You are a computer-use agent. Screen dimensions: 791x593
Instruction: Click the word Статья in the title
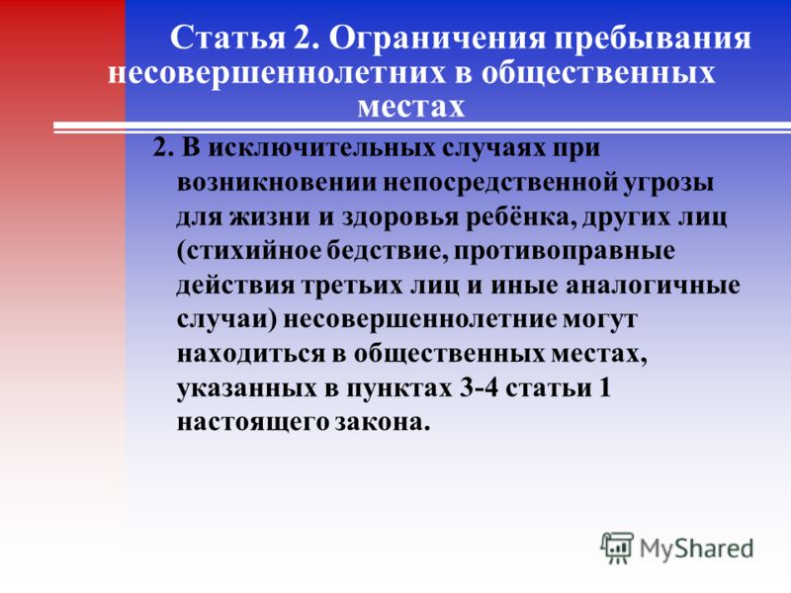[x=228, y=39]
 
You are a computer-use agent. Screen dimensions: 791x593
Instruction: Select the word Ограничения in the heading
[x=438, y=39]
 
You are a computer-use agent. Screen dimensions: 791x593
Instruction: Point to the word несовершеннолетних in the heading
[x=277, y=73]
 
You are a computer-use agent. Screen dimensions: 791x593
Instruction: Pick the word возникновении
[x=277, y=183]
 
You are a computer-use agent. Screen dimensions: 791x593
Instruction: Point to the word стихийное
[x=249, y=251]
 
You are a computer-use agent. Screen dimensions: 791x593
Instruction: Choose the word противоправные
[x=564, y=252]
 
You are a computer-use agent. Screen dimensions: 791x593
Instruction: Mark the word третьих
[x=355, y=286]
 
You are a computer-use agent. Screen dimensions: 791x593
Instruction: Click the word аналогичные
[x=653, y=286]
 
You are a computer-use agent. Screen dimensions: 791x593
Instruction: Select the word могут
[x=599, y=320]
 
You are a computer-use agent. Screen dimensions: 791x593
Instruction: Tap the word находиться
[x=251, y=355]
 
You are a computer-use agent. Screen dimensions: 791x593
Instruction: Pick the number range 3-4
[x=479, y=388]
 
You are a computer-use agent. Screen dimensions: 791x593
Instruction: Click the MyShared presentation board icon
[x=616, y=548]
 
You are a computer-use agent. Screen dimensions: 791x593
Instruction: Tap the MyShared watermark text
[x=696, y=549]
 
